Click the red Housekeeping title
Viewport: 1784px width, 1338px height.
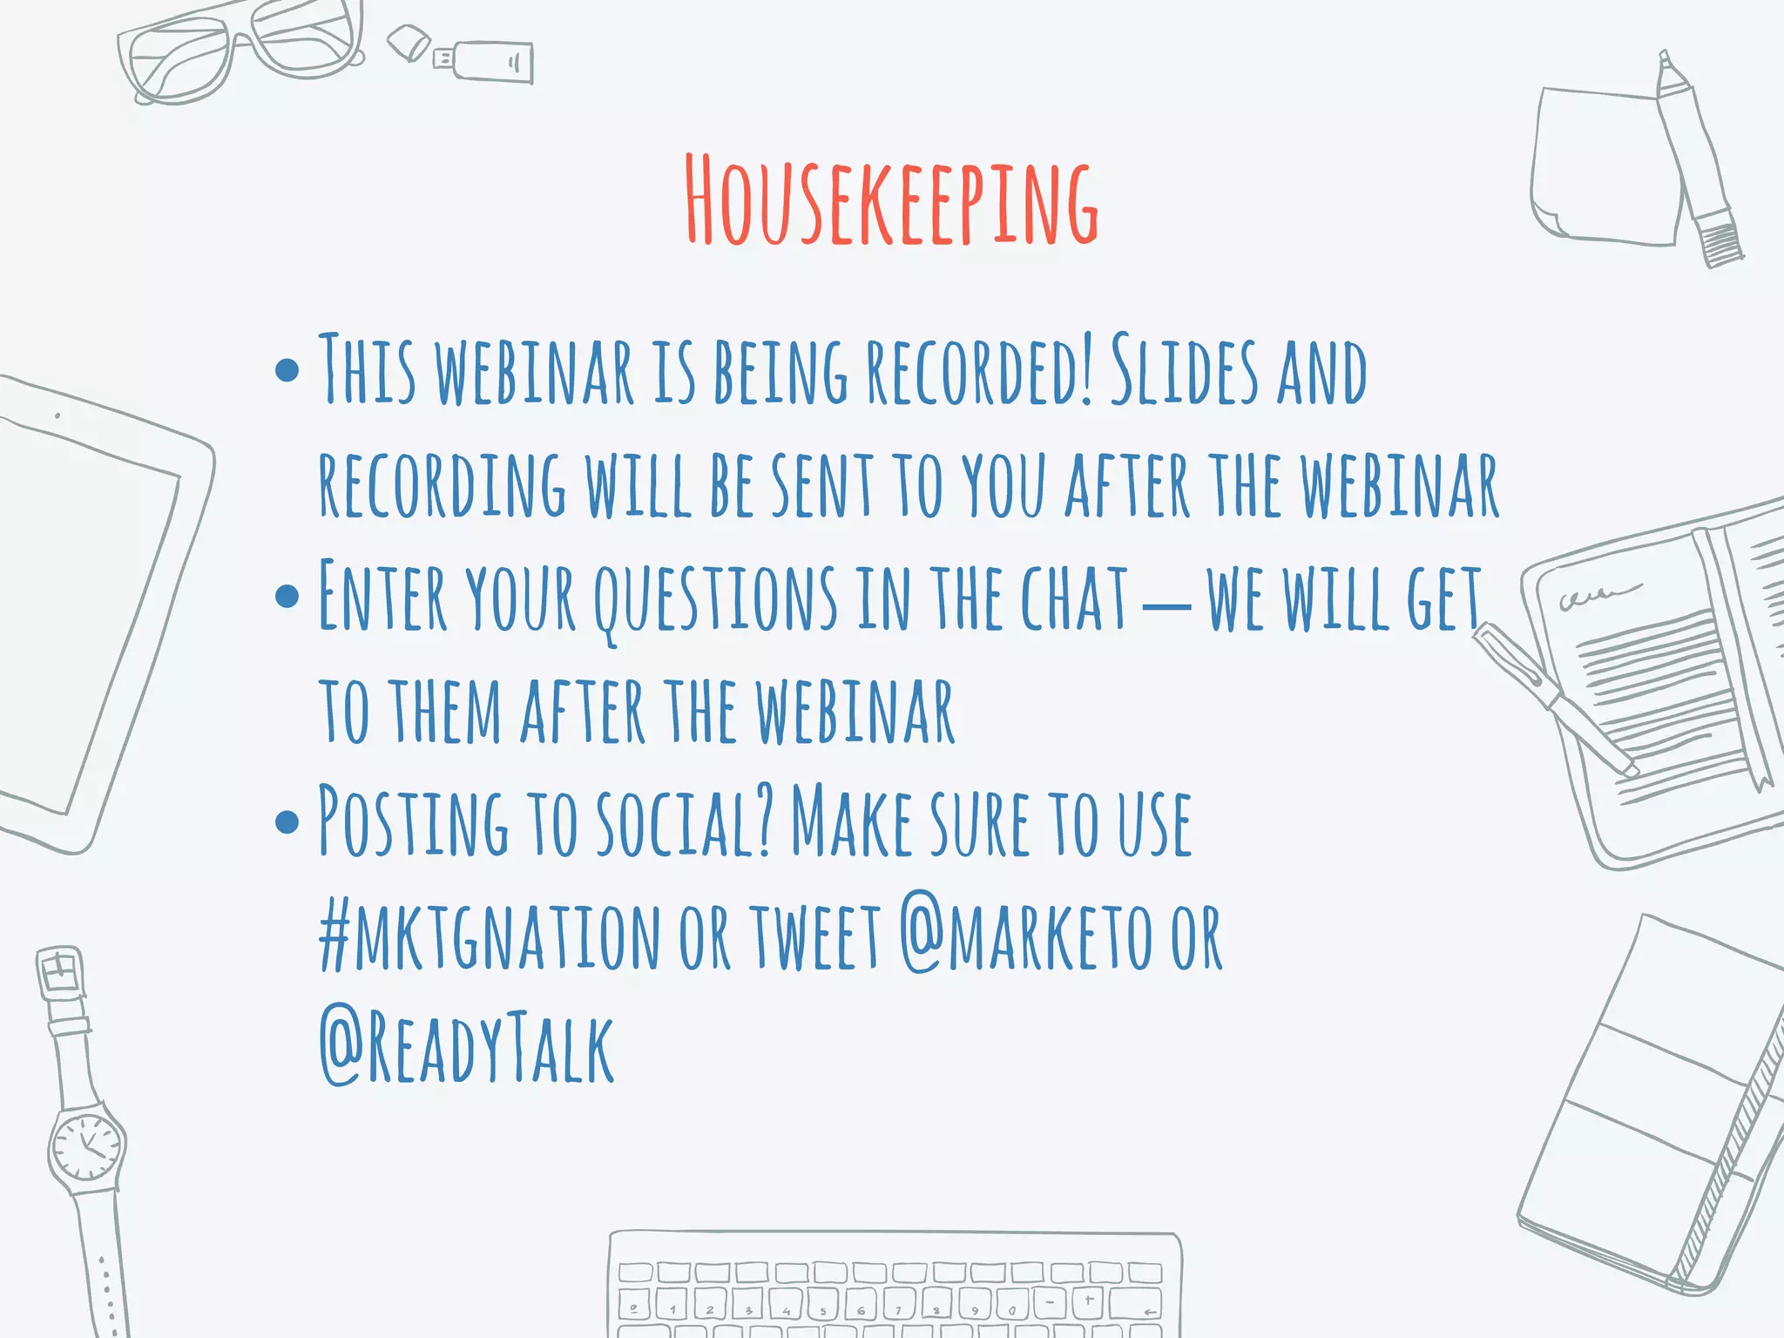point(890,200)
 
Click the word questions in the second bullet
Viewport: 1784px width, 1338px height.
point(716,599)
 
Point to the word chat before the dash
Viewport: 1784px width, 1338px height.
point(1073,599)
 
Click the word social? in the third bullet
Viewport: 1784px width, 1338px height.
point(685,822)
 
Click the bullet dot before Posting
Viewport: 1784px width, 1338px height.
point(287,821)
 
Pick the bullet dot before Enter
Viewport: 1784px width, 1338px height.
point(287,597)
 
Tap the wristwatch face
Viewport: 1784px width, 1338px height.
point(87,1145)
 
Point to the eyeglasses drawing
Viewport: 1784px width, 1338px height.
point(240,48)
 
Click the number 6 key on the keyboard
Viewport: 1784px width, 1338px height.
point(860,1308)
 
